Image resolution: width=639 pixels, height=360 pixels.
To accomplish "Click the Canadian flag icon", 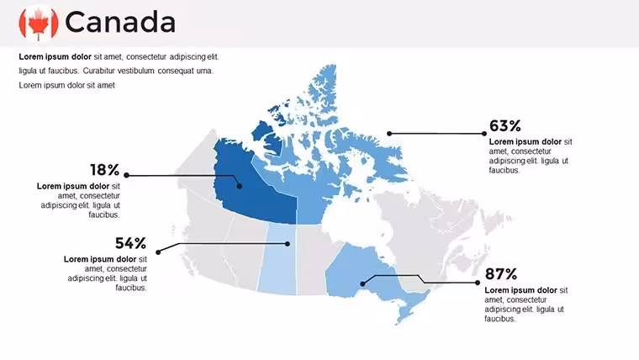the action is [39, 24].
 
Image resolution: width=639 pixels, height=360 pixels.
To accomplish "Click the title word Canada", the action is [120, 22].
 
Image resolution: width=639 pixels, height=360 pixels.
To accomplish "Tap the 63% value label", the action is [505, 125].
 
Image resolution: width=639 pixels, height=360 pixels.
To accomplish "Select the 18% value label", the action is [105, 170].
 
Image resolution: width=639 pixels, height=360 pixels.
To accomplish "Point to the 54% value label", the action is [130, 243].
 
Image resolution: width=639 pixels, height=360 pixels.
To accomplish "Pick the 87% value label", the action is [501, 274].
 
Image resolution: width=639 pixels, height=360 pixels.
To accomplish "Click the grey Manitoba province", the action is [312, 259].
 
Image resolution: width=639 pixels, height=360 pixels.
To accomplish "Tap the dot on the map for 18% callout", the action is [240, 186].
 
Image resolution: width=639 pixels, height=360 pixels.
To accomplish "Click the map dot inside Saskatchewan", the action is [288, 244].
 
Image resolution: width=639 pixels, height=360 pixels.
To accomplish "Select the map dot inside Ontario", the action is [362, 283].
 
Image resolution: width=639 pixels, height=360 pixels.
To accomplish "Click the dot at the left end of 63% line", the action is [389, 134].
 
